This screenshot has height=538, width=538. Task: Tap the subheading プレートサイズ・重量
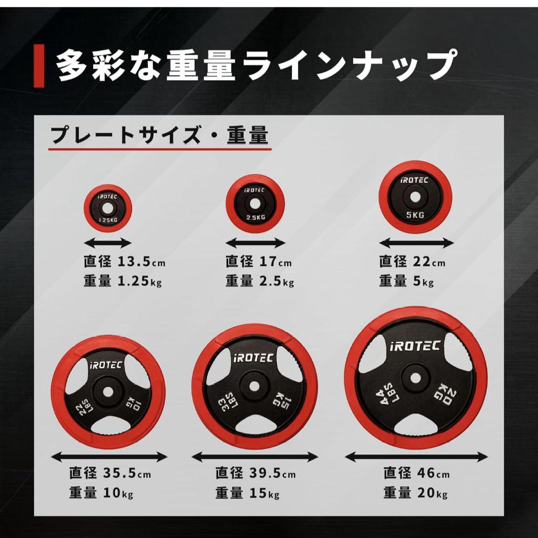point(159,135)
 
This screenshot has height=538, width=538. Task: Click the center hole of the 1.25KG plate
point(107,210)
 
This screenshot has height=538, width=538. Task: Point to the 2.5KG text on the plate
point(256,217)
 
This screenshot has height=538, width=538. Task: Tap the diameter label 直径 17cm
point(258,262)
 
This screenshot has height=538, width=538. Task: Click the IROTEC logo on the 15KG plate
point(255,357)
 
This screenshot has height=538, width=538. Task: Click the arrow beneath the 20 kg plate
point(415,457)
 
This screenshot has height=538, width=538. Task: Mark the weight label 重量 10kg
point(101,494)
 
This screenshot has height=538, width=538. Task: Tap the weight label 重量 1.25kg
point(123,281)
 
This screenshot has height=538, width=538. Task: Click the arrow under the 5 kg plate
point(416,244)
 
